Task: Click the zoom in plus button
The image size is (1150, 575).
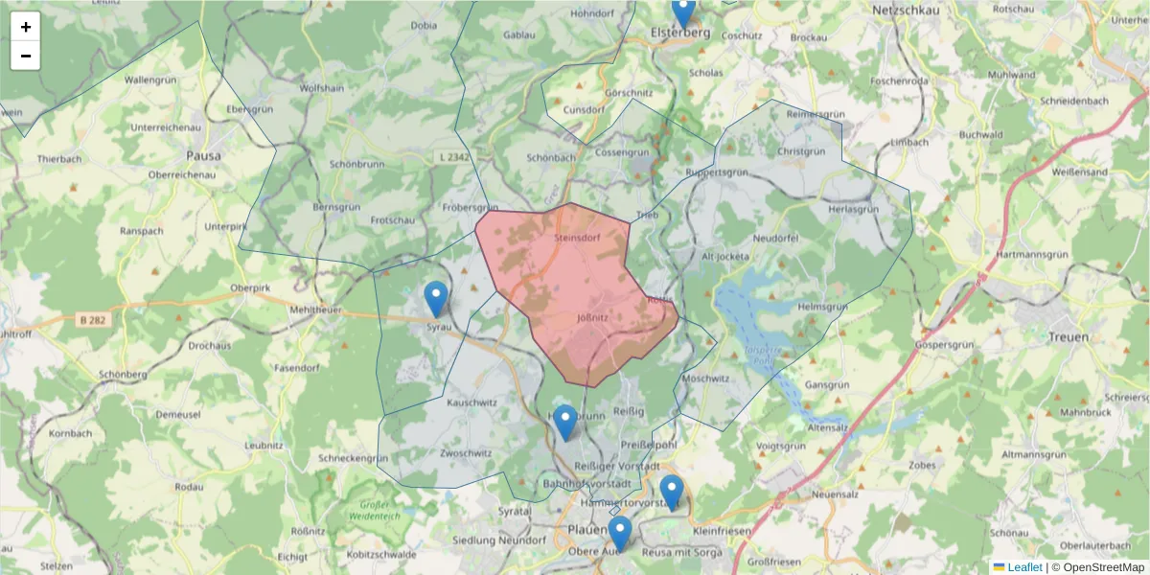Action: click(26, 27)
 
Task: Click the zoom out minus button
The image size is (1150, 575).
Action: click(26, 56)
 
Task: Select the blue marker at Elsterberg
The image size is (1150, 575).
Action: click(682, 12)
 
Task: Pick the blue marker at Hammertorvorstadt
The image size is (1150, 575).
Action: click(672, 492)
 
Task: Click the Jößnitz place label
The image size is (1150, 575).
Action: click(594, 313)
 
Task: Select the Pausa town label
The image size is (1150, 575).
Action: click(203, 155)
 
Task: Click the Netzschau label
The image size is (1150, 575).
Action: click(905, 10)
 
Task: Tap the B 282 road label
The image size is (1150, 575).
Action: click(91, 320)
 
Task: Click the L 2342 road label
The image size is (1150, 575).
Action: click(451, 156)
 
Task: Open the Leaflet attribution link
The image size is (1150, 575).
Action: click(1023, 567)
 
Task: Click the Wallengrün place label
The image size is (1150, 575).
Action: click(153, 80)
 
